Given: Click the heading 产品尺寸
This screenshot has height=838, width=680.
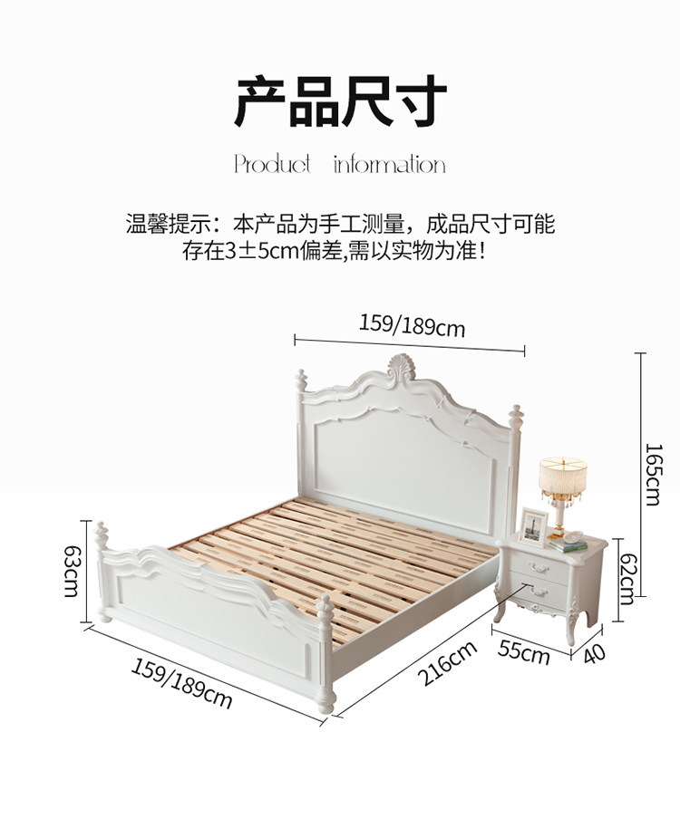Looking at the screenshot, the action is tap(340, 102).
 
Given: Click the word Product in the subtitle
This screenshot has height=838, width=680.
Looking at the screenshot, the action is tap(272, 165).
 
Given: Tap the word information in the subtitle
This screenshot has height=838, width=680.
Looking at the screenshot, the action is tap(389, 165).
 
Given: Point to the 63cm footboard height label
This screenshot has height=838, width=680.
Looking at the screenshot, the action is tap(71, 570).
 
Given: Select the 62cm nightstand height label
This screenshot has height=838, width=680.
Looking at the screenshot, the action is tap(626, 581).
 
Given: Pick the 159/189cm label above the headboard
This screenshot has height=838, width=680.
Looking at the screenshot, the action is tap(412, 324).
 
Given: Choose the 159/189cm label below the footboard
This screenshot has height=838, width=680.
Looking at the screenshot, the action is tap(181, 683).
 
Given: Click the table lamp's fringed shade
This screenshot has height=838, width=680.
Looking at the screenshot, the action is tap(562, 477).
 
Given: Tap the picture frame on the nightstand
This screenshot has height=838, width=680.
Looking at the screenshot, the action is tap(534, 526).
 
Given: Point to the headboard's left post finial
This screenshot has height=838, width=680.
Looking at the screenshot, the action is tap(301, 380).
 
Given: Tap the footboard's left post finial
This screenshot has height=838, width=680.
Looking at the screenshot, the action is tap(102, 533).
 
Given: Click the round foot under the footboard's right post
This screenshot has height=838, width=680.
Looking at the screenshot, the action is tap(328, 700).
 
